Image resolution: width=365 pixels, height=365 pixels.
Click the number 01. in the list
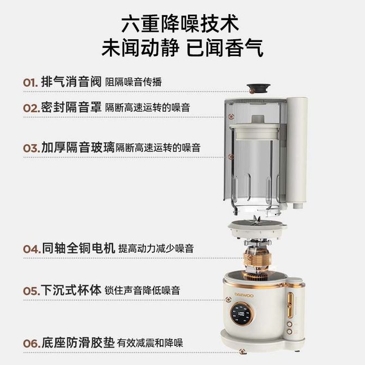click(x=31, y=83)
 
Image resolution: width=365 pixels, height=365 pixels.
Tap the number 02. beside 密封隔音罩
click(x=32, y=108)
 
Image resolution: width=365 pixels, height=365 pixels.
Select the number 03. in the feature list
click(x=32, y=148)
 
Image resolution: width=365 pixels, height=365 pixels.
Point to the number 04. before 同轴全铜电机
click(x=32, y=249)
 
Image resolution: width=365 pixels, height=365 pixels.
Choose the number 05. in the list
click(x=32, y=291)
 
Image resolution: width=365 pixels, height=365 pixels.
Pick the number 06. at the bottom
click(x=32, y=344)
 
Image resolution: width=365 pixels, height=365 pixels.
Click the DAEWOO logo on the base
click(x=244, y=295)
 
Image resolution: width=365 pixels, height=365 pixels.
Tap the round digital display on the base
click(x=242, y=314)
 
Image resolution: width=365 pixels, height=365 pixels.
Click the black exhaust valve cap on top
click(x=258, y=88)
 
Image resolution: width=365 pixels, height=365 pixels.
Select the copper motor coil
click(x=257, y=259)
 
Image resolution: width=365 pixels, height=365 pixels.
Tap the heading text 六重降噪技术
click(x=180, y=24)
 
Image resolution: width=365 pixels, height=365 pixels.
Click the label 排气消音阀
click(x=71, y=82)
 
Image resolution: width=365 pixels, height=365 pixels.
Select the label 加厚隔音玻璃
click(x=78, y=147)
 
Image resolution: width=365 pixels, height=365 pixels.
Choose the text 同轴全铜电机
click(x=78, y=248)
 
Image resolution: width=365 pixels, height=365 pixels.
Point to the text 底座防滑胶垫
click(x=78, y=343)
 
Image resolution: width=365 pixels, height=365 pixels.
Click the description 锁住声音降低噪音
click(x=142, y=290)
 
